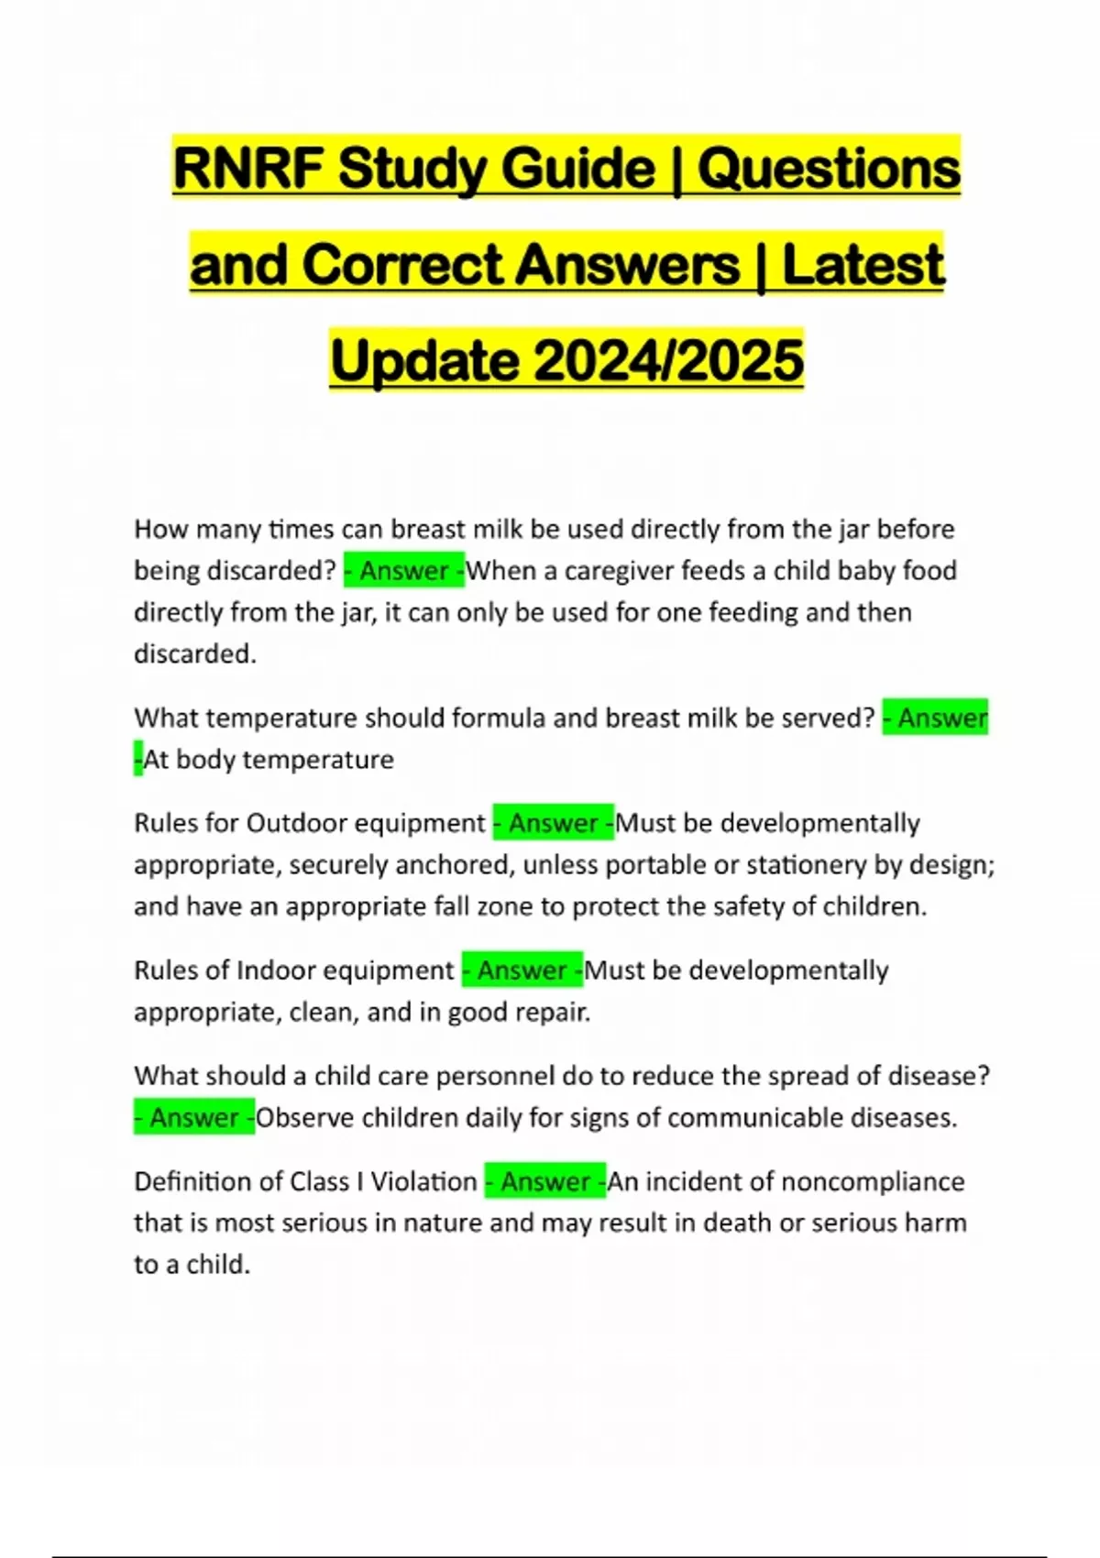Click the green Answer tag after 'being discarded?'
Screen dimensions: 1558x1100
coord(404,571)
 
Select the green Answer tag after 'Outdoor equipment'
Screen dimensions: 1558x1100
coord(554,823)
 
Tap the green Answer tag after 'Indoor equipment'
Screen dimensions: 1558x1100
coord(522,971)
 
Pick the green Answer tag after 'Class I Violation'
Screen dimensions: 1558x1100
coord(545,1181)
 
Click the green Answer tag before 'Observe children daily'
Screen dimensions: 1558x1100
coord(194,1118)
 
